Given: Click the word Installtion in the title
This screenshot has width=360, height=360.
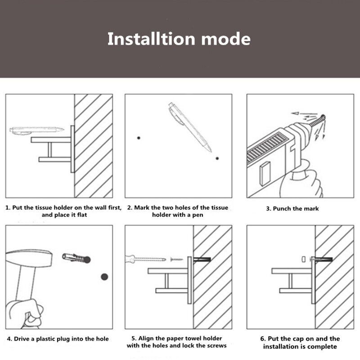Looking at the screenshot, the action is coord(151,39).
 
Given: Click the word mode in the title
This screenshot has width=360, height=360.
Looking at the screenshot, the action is coord(226,39).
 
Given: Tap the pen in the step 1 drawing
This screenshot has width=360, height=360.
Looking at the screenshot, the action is coord(36,130).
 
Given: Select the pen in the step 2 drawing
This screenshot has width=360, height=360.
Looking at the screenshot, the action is coord(189,127).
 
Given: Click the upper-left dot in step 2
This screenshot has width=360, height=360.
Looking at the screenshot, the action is coord(139,138).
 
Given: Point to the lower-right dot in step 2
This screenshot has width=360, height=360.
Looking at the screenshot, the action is coord(217,158).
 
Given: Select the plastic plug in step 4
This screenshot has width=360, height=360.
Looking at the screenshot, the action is coord(76,258).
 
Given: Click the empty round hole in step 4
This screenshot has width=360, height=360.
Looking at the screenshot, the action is coord(104,277).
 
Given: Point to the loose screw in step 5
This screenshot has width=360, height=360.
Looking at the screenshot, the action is coord(177,260).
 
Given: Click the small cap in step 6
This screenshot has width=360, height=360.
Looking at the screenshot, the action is coord(303,259).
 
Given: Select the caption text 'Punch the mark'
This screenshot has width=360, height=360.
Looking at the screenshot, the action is coord(296,208).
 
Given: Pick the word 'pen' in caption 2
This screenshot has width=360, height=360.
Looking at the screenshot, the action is coord(198,215).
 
